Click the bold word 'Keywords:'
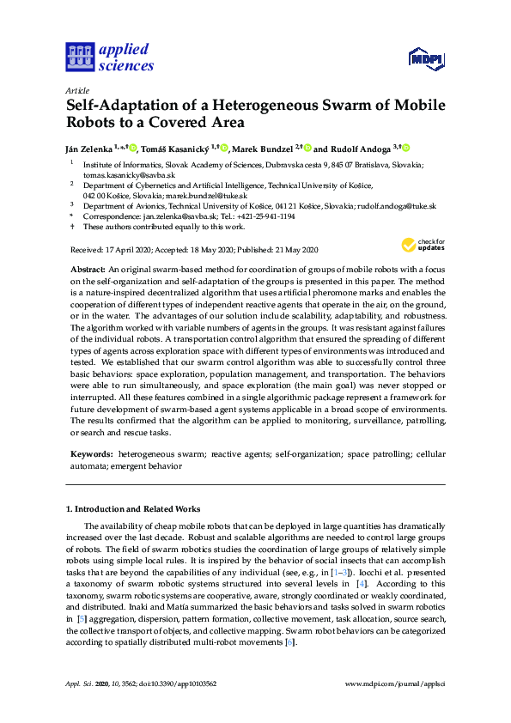coord(90,453)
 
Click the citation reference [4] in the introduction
coord(338,583)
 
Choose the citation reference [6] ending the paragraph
coord(290,641)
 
